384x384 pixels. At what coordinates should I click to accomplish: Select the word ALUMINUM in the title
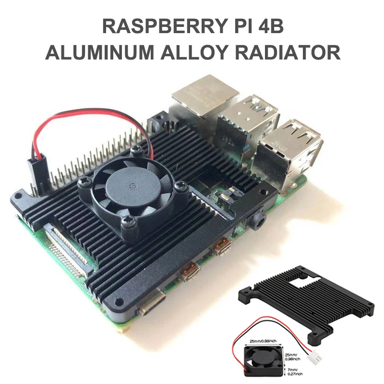(101, 52)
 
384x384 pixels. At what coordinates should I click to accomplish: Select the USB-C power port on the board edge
(151, 306)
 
